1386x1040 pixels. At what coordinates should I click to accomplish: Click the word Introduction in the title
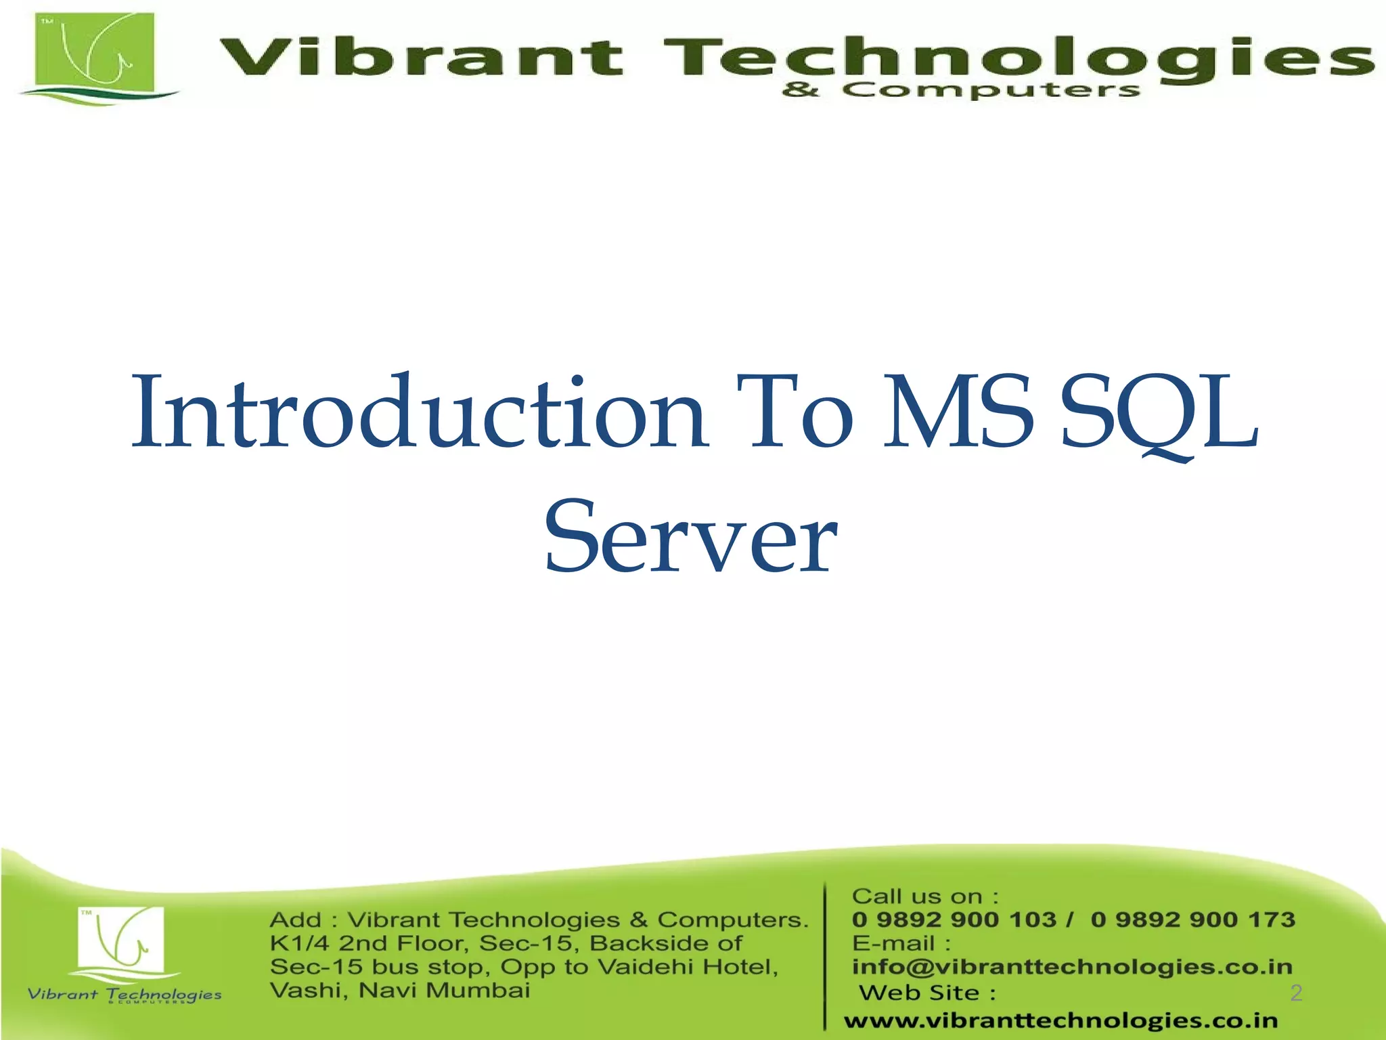[420, 413]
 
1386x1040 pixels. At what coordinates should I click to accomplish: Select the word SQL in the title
[1159, 413]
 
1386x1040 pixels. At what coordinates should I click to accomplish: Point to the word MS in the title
[959, 413]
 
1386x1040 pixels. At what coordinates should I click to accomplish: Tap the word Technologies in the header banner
[1015, 57]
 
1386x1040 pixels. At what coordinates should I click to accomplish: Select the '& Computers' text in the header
[961, 90]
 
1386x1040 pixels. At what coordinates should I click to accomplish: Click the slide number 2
[1296, 993]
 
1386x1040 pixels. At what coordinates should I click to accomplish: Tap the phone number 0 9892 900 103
[954, 919]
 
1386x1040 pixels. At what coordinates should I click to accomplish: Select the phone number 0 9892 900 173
[1193, 919]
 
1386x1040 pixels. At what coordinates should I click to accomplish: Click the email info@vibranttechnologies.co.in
[1072, 967]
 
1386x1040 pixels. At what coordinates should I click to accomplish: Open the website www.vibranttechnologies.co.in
[1060, 1020]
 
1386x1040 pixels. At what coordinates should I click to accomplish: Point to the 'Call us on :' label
[925, 896]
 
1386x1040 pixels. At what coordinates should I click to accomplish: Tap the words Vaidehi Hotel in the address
[688, 967]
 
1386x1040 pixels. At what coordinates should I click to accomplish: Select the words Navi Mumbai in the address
[444, 991]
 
